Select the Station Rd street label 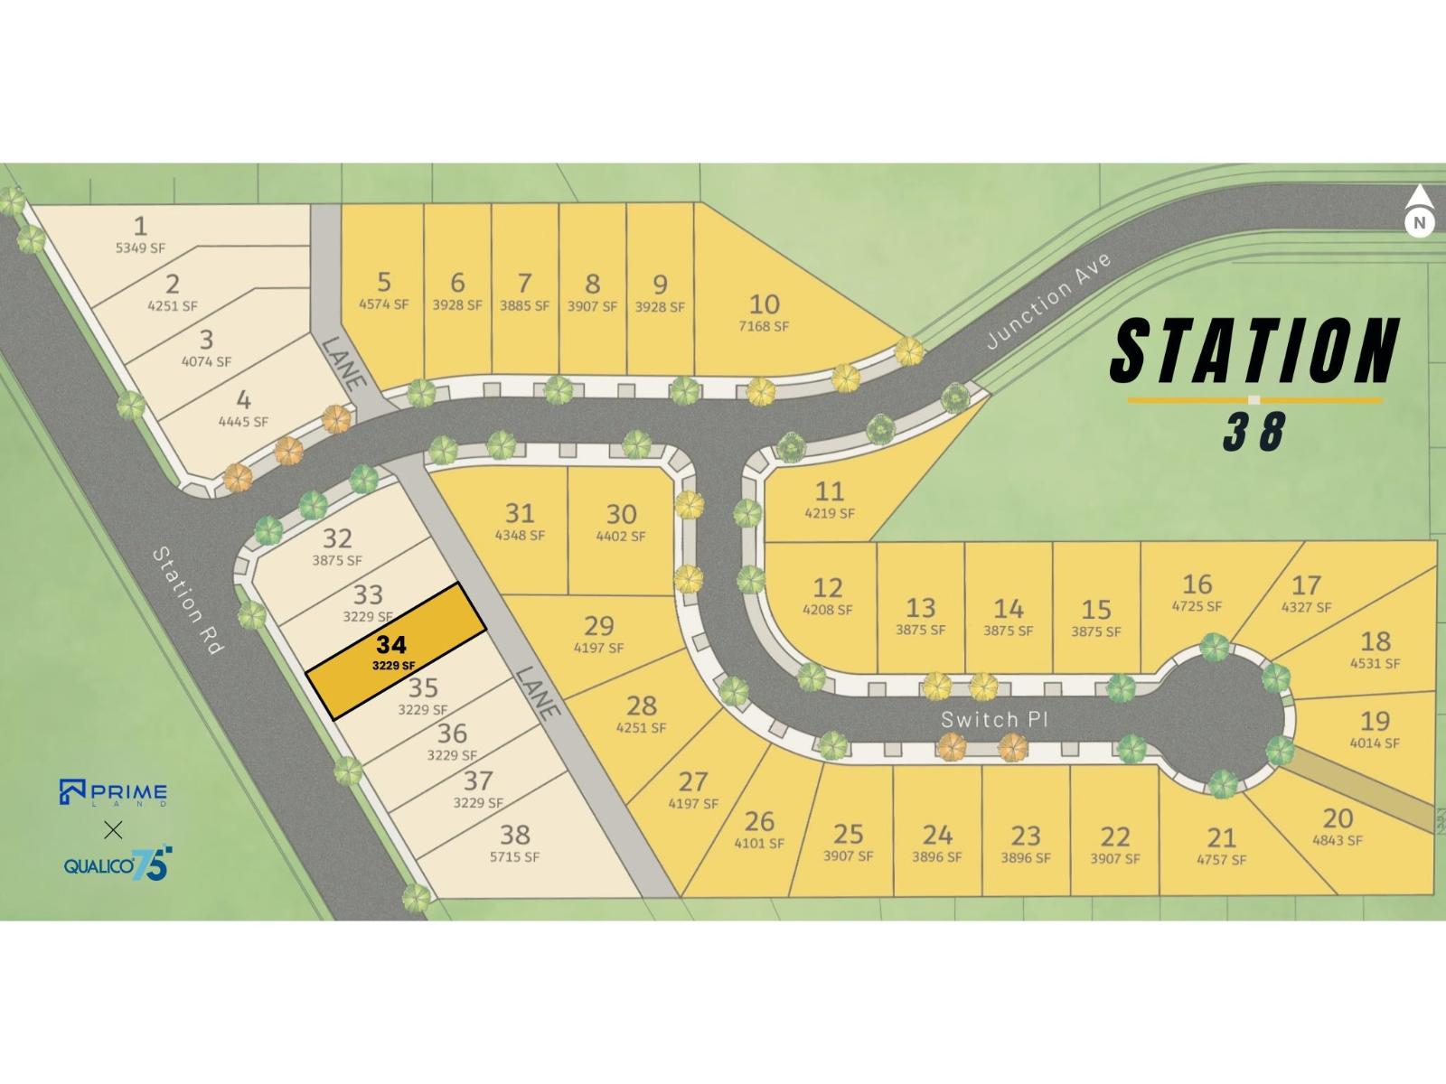(187, 601)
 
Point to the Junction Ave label (1048, 301)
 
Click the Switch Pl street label (992, 720)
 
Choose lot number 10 (765, 304)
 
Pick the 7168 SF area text (765, 326)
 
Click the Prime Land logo (113, 792)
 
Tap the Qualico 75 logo (117, 864)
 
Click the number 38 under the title (1254, 432)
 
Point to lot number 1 (140, 225)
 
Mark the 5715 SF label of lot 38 (514, 856)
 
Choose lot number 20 (1337, 818)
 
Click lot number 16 (1197, 584)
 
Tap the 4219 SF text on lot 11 (829, 513)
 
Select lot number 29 (598, 625)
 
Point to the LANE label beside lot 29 (539, 692)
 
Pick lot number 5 (384, 282)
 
